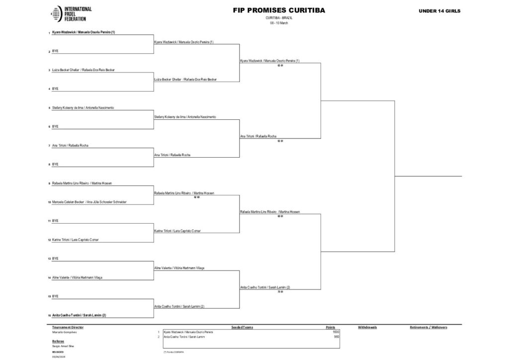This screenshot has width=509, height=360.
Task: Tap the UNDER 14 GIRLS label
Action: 439,10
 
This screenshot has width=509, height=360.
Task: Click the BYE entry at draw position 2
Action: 55,51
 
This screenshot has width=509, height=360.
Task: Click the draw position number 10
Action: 49,202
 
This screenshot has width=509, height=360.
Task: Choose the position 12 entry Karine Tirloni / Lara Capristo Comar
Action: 75,240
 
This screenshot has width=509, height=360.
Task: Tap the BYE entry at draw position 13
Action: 55,259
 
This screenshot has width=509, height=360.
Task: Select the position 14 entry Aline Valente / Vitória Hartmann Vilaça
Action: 77,277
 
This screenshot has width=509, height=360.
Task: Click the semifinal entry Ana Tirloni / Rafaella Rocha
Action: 258,136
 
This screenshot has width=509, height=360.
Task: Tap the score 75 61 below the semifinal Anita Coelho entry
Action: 280,291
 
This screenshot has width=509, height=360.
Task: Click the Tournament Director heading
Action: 68,327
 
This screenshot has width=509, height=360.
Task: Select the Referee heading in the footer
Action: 58,341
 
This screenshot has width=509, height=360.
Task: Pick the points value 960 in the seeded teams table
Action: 337,337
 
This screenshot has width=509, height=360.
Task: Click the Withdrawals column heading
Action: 367,327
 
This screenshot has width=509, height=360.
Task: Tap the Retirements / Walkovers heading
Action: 428,327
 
